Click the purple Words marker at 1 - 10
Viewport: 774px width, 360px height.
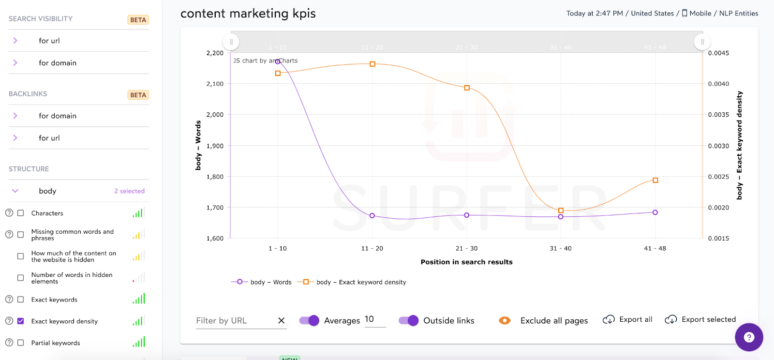click(x=278, y=61)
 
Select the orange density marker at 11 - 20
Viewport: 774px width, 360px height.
click(x=372, y=64)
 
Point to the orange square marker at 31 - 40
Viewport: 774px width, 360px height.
click(x=561, y=210)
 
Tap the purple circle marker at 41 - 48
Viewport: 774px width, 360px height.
click(x=655, y=212)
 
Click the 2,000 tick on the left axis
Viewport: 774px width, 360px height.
click(x=215, y=115)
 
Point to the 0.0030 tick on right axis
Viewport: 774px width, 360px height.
click(x=718, y=146)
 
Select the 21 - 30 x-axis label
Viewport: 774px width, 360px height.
click(x=466, y=248)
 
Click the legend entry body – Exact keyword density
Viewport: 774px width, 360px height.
click(x=361, y=282)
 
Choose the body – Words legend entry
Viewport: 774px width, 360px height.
click(x=270, y=282)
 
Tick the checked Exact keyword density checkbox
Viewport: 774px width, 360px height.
click(x=20, y=321)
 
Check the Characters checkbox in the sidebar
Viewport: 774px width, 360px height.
click(x=20, y=213)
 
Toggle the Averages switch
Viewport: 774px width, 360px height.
click(x=309, y=320)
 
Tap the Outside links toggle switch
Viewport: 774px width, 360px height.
click(x=408, y=320)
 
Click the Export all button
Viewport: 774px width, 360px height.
click(x=627, y=319)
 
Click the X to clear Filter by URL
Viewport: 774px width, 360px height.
click(x=281, y=320)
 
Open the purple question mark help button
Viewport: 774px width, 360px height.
click(x=748, y=337)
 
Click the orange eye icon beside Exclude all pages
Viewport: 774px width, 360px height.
click(x=505, y=320)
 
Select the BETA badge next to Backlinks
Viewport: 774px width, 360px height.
click(x=138, y=95)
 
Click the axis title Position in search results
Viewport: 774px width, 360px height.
click(x=466, y=262)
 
